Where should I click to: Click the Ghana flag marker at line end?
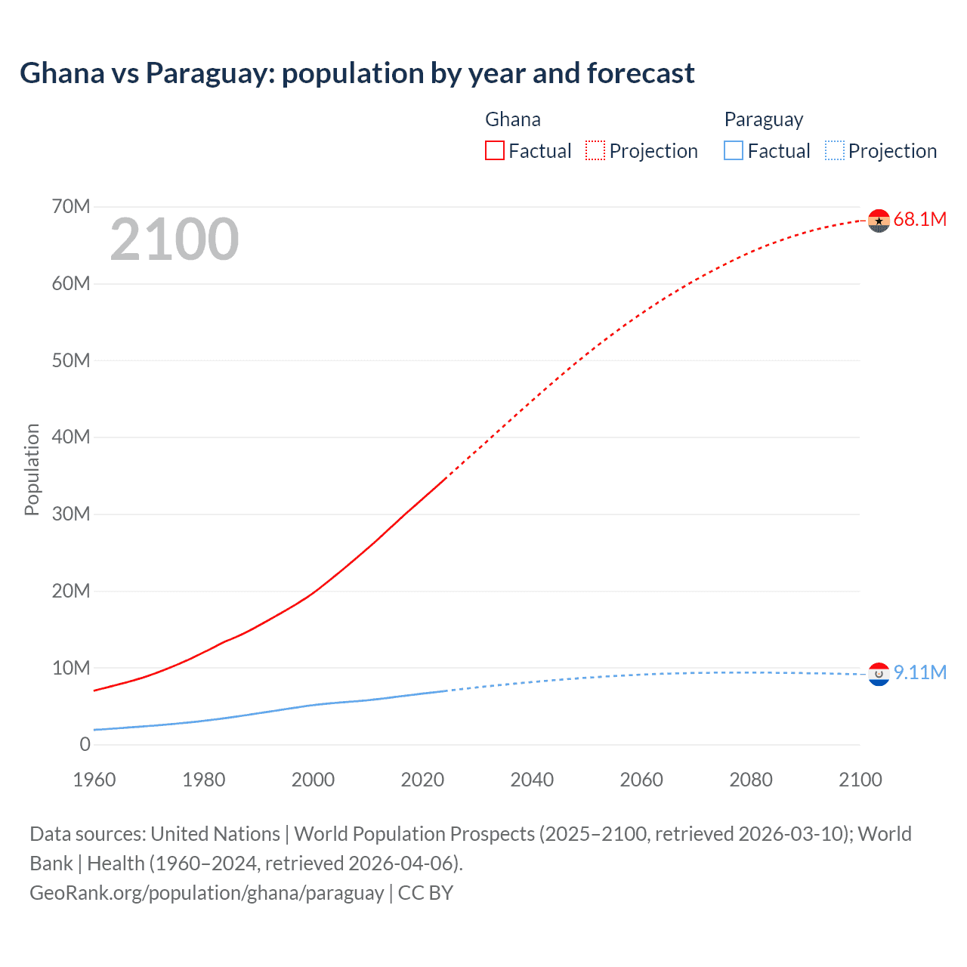pos(879,221)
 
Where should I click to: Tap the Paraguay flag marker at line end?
pos(879,675)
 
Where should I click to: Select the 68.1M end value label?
pos(919,220)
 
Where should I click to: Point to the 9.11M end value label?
pos(919,673)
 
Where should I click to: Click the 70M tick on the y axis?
pos(71,207)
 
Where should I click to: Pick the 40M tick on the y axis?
pos(71,437)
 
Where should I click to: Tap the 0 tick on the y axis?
pos(85,745)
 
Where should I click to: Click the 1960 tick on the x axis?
pos(94,780)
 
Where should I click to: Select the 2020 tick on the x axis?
pos(422,780)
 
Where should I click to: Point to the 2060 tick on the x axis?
pos(641,780)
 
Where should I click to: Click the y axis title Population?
pos(32,470)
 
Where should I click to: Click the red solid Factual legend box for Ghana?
pos(495,151)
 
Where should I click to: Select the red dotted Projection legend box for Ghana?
pos(595,151)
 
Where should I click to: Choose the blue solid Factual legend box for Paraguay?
pos(734,151)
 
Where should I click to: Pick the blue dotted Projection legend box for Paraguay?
pos(835,151)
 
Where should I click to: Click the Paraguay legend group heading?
pos(763,120)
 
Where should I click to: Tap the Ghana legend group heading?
pos(513,120)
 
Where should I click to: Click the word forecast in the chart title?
pos(641,73)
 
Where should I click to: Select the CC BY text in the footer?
pos(425,893)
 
